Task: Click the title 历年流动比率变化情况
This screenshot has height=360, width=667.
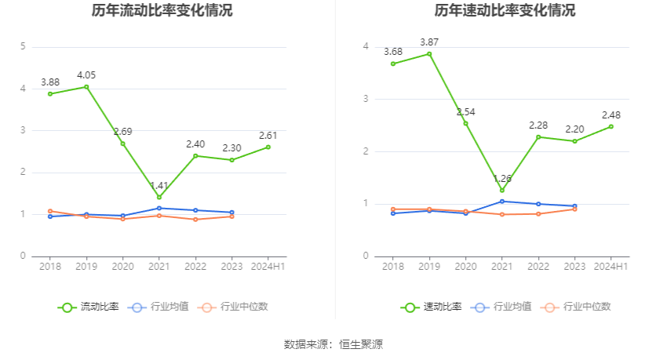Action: (162, 11)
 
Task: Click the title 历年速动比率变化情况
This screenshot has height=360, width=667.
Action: (505, 11)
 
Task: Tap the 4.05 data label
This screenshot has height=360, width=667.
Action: (86, 75)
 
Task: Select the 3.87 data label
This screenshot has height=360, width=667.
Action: (429, 42)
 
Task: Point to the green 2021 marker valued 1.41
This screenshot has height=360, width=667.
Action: (159, 198)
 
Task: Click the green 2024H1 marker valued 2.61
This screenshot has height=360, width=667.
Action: (268, 147)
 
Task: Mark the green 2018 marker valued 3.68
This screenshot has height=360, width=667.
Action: (393, 64)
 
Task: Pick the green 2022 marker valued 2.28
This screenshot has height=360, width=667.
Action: (538, 137)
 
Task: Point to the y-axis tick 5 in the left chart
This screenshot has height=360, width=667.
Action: (23, 47)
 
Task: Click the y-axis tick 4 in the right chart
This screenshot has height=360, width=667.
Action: (366, 47)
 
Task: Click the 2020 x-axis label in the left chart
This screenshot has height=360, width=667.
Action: (122, 267)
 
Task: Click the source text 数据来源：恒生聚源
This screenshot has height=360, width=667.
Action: (333, 344)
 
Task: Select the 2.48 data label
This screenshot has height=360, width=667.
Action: (611, 115)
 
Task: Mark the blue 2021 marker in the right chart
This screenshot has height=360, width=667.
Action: (502, 202)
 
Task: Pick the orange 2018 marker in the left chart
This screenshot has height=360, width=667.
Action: (50, 211)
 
